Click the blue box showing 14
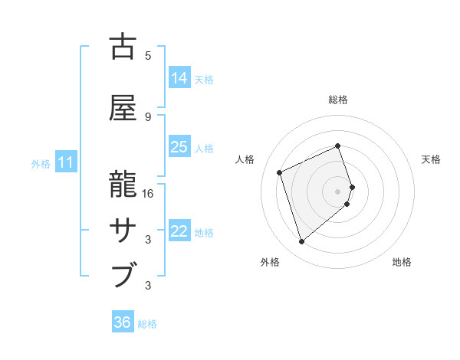point(179,78)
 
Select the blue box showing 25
point(179,147)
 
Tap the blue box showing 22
point(179,231)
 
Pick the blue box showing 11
point(66,162)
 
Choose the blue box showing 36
point(123,322)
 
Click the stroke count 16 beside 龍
point(148,194)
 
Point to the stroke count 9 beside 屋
point(148,117)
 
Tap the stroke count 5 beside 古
point(148,56)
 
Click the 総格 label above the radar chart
point(338,100)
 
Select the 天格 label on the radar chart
point(431,159)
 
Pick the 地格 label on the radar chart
point(402,262)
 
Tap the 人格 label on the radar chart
point(245,159)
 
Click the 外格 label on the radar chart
point(270,262)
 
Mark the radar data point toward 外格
point(301,242)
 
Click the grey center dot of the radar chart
point(338,191)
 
